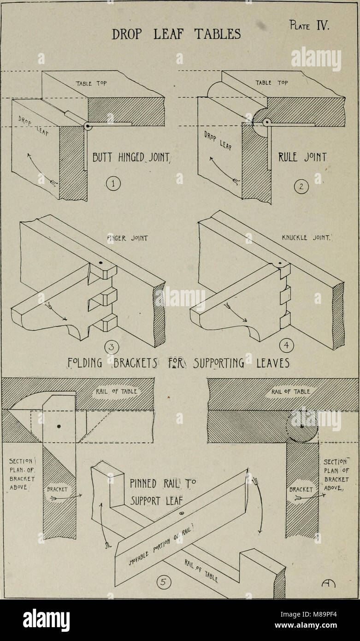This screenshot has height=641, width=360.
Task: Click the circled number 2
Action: (x=301, y=186)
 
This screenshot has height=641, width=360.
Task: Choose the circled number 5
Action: (x=165, y=582)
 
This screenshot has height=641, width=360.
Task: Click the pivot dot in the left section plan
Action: (x=59, y=426)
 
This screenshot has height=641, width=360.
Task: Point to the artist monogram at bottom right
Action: (x=325, y=585)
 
